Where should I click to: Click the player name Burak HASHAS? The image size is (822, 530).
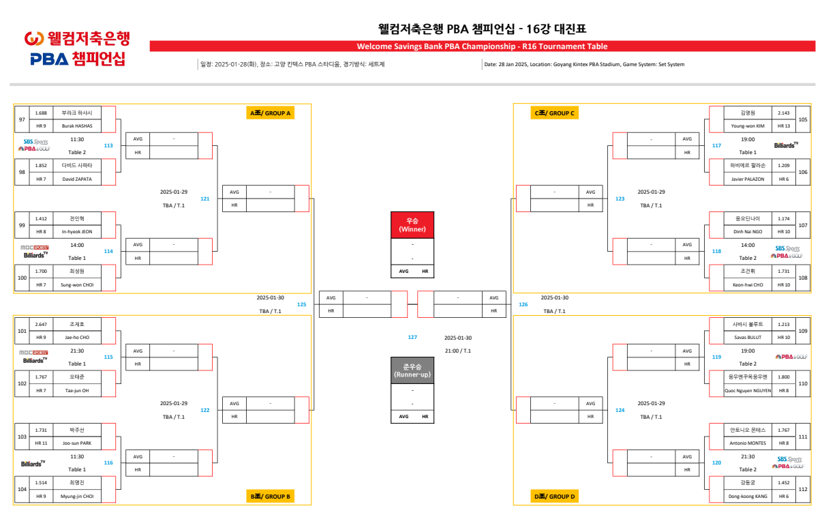77,126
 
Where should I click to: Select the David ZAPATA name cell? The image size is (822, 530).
77,179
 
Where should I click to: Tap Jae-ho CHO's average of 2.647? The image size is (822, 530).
41,324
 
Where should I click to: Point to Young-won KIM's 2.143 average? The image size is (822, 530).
783,113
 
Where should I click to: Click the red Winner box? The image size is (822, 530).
412,225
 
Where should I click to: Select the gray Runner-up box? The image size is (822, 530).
412,370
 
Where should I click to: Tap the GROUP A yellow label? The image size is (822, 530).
271,113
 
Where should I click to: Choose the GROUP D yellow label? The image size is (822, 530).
554,496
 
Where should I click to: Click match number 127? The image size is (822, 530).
412,337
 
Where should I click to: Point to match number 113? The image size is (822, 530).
108,145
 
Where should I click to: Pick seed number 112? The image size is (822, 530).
803,489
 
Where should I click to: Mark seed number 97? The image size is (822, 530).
22,119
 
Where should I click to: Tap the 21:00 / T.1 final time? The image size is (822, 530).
457,351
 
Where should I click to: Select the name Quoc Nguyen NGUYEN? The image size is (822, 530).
748,391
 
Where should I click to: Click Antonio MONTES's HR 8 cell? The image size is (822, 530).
783,443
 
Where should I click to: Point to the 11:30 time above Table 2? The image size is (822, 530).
77,139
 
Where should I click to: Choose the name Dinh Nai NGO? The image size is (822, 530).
748,232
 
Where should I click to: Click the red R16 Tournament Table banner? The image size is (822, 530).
482,46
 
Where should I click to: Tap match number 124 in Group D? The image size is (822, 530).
620,410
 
